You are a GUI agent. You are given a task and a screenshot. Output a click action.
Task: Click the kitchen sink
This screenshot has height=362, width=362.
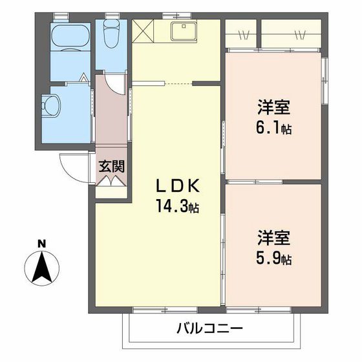[186, 30]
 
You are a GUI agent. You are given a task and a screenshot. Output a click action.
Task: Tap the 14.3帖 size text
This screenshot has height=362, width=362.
[176, 208]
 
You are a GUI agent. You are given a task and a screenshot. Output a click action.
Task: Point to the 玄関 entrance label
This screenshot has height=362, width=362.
[111, 165]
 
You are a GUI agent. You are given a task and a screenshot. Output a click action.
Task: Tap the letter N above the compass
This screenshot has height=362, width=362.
[41, 244]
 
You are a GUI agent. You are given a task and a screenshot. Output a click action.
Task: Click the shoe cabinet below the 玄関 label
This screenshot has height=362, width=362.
[111, 180]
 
